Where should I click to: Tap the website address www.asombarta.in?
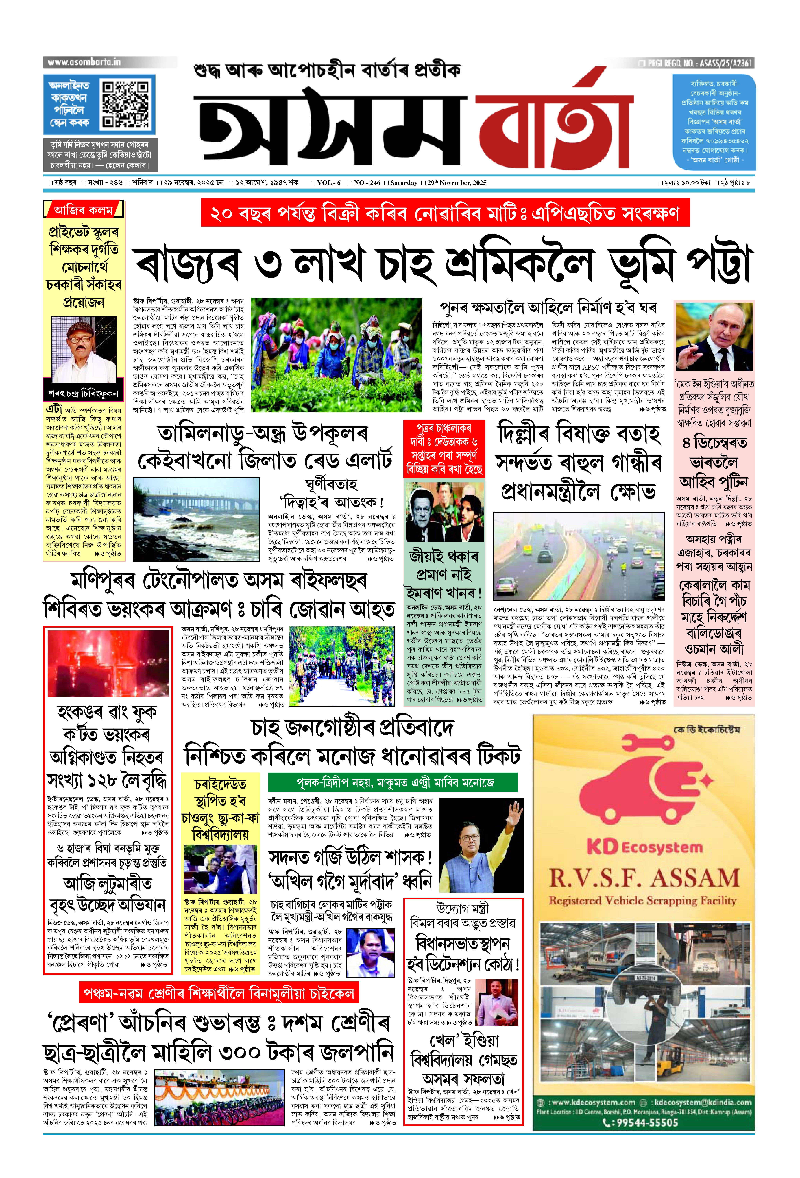point(84,62)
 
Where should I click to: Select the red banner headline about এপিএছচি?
point(445,213)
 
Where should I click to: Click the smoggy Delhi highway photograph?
point(579,556)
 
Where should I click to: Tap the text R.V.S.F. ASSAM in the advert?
point(644,880)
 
